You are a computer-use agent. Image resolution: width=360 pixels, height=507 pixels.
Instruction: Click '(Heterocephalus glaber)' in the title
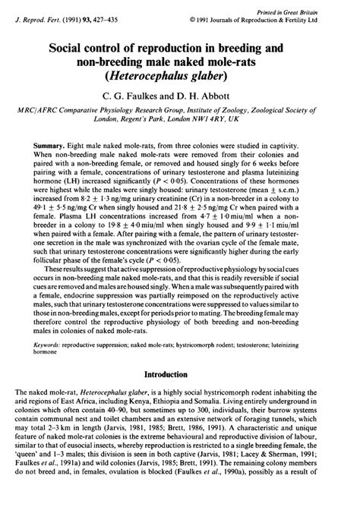coord(180,76)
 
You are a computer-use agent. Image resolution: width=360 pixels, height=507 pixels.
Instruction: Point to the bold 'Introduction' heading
coord(180,373)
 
